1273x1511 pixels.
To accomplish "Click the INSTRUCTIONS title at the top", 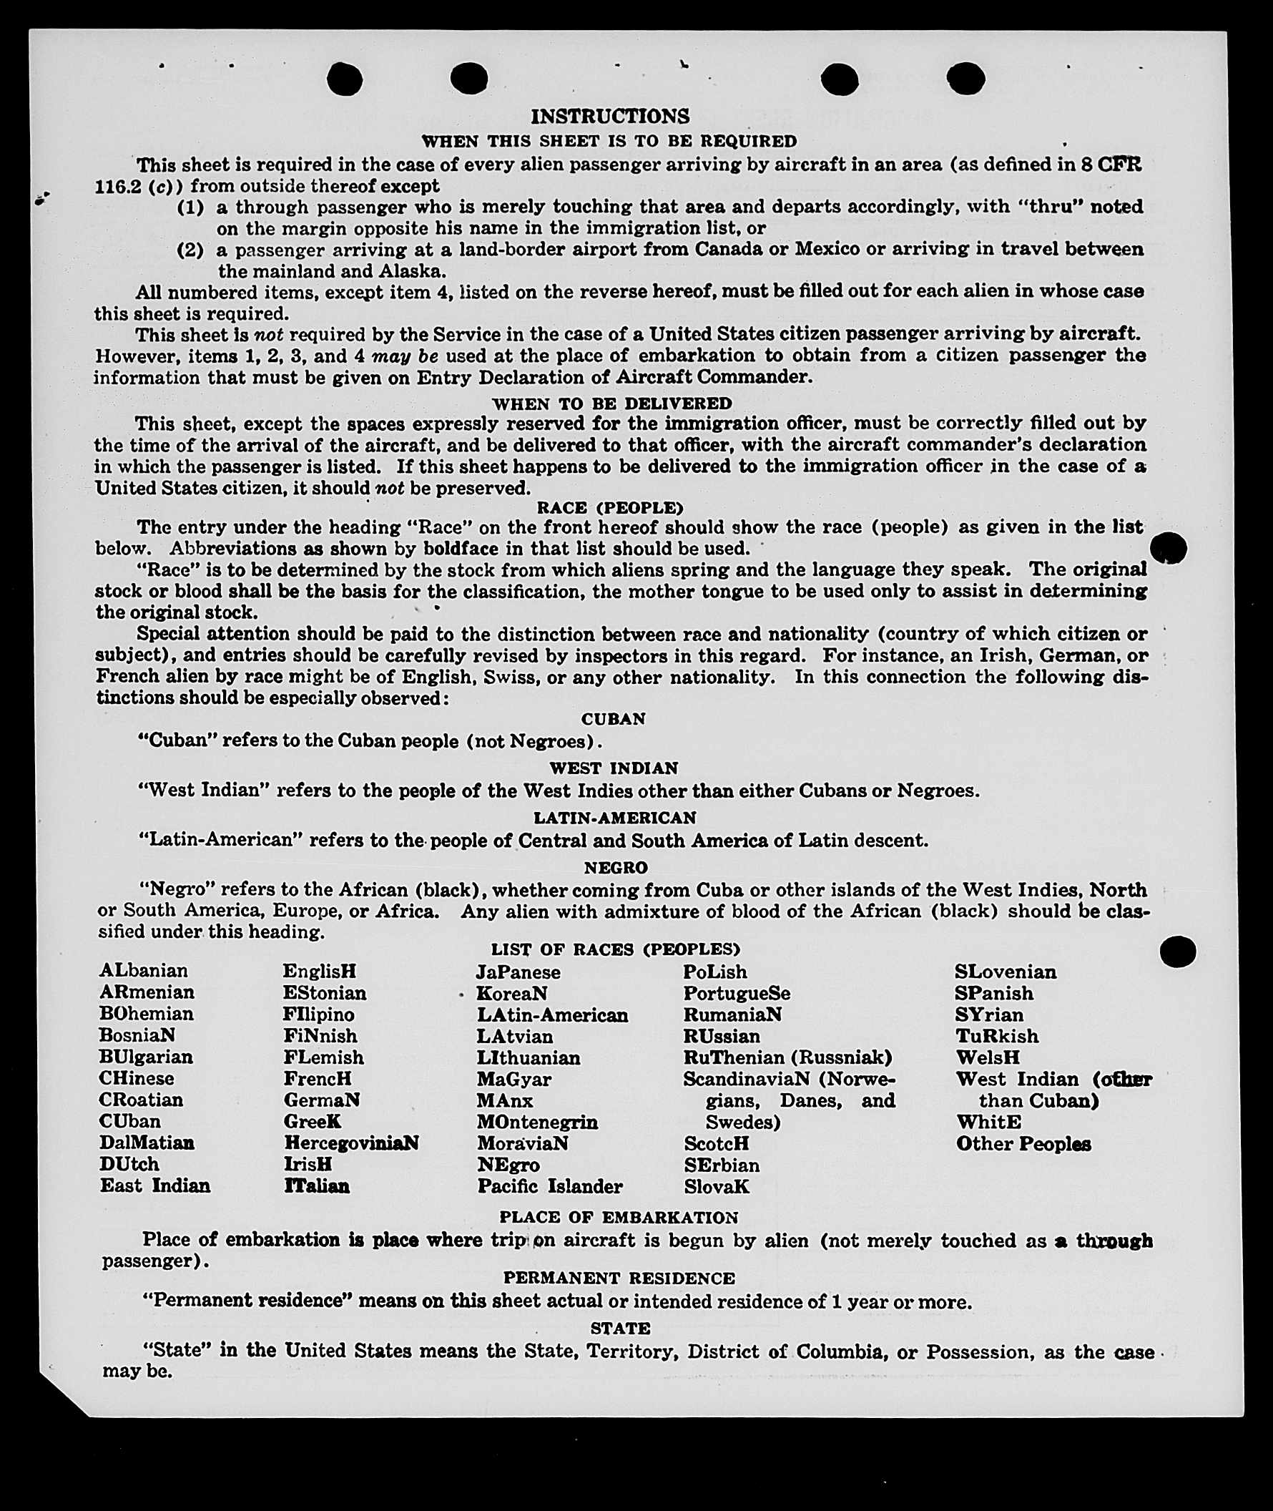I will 610,116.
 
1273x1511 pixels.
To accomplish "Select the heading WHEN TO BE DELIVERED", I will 612,403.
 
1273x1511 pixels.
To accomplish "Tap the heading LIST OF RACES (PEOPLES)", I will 616,949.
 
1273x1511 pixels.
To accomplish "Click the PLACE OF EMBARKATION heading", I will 619,1217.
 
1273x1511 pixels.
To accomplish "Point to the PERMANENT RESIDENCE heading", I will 619,1278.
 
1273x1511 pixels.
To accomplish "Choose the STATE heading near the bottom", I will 620,1328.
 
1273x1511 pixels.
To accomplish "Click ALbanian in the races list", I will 144,970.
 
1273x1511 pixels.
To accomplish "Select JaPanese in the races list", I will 518,972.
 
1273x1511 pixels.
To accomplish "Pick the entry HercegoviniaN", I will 350,1143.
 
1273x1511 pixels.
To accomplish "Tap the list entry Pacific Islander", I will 549,1186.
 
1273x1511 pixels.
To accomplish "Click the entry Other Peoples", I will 1023,1143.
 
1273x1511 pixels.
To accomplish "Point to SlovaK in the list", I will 717,1186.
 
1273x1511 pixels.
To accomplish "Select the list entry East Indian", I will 155,1185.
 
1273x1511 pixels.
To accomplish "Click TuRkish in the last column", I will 997,1036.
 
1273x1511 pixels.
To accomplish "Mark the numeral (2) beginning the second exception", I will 190,250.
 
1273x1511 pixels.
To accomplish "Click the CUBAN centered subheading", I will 613,718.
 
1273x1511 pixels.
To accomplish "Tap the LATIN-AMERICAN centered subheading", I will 615,817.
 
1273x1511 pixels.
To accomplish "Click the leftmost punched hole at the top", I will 344,79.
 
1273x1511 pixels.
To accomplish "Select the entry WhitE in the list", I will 988,1122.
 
